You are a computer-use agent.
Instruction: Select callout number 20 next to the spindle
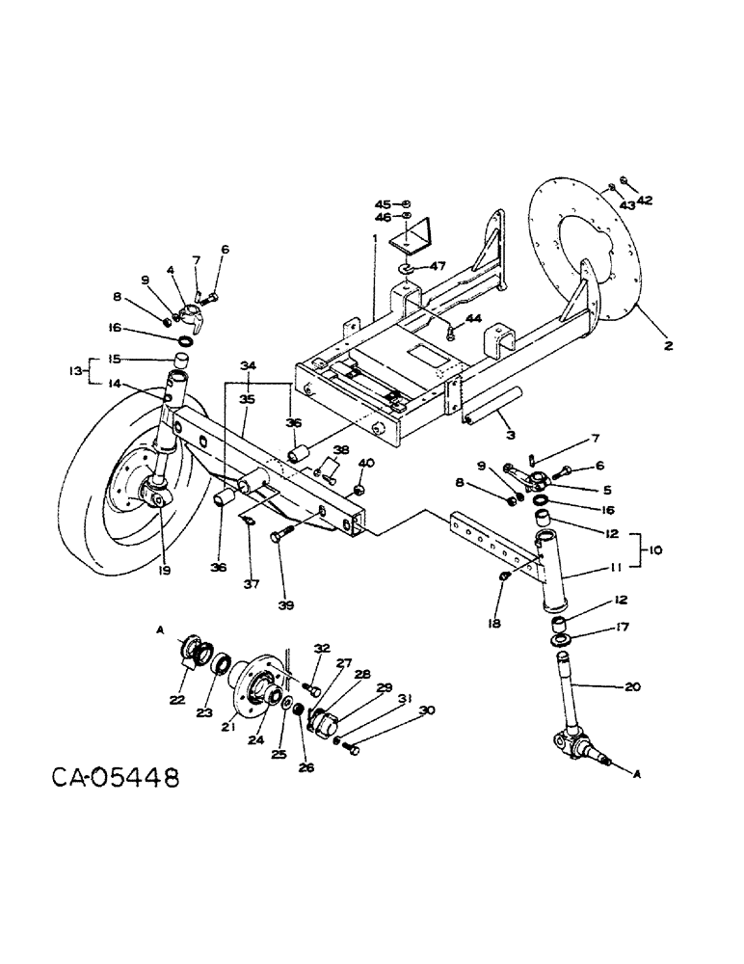point(631,688)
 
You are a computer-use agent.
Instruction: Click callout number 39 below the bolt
point(285,605)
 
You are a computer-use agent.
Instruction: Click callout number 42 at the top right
point(645,201)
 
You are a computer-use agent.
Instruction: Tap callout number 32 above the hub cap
point(321,649)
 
